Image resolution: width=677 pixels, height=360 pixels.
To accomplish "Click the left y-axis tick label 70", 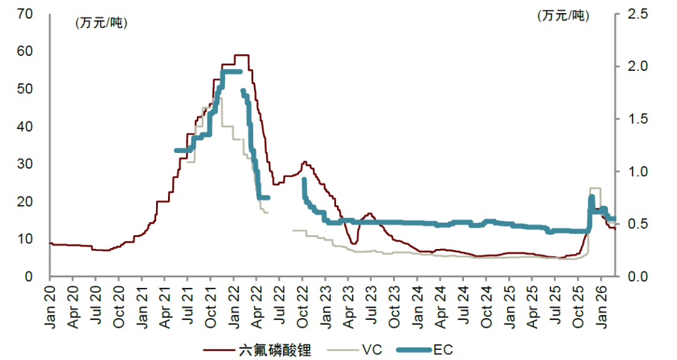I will (x=25, y=13).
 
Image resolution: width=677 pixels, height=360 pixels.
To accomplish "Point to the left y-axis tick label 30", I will (x=25, y=164).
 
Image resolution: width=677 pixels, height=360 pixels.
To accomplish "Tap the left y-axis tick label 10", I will (x=25, y=239).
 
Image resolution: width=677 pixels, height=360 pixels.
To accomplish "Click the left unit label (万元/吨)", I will (x=100, y=23).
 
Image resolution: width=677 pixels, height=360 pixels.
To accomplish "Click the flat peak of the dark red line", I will (x=241, y=55).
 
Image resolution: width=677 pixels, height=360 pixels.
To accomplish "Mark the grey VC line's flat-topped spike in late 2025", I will (x=595, y=188).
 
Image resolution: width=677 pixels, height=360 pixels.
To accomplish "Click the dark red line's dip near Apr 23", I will (x=354, y=243).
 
